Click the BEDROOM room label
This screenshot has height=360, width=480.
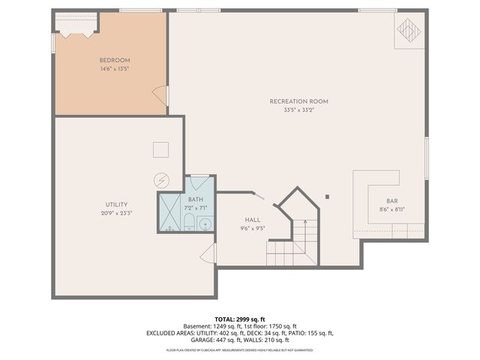pos(115,60)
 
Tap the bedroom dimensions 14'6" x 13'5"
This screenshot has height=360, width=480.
pos(115,69)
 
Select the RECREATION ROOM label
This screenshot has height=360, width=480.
pos(299,101)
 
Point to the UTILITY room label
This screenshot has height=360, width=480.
pos(116,204)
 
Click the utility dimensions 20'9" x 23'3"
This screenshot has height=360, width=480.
pos(116,213)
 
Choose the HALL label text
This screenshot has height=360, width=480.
pos(253,219)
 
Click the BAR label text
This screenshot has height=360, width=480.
pos(391,201)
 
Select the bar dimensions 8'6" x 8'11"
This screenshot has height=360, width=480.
pos(391,210)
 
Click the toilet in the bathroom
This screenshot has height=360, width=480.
pos(190,222)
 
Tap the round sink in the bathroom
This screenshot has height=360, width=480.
pos(205,222)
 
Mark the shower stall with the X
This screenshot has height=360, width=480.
pos(169,212)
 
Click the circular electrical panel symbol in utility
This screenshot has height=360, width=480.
pos(160,180)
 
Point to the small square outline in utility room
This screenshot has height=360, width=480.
pos(160,149)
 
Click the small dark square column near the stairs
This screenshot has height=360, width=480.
pos(327,197)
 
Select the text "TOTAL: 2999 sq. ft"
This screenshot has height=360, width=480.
pos(239,319)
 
